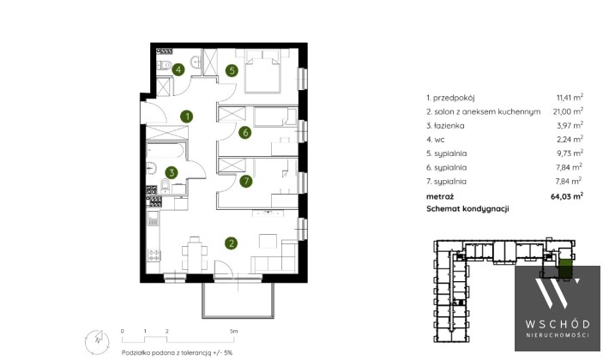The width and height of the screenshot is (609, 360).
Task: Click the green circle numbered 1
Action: point(187,117)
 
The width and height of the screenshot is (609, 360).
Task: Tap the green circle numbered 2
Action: point(232,243)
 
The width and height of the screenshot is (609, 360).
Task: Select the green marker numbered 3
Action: point(172,172)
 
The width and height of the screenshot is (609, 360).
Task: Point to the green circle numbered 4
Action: point(178,69)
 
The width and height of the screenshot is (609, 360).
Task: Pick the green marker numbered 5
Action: point(232,70)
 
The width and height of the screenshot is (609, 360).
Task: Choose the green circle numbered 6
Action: point(245,132)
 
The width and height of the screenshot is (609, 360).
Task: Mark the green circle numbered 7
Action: point(246,181)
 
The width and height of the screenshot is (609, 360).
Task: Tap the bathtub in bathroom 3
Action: point(166,151)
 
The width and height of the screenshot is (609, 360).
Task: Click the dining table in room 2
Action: point(195,255)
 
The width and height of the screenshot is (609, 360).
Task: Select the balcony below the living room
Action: point(238,299)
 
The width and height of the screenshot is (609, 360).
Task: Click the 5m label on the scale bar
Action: point(233,332)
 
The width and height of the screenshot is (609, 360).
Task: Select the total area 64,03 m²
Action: point(567,196)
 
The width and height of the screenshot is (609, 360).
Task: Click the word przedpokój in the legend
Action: point(454,99)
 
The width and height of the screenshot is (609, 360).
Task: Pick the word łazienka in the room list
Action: point(449,126)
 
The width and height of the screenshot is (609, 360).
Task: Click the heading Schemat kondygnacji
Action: point(467,208)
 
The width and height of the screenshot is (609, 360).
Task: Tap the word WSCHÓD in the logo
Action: point(558,324)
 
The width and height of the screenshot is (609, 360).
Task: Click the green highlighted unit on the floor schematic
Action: point(565,269)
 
